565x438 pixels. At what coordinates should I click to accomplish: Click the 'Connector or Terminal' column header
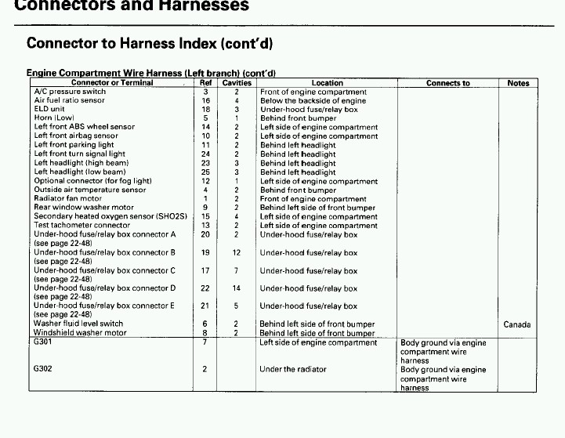point(112,83)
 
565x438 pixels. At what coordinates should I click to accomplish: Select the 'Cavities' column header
point(237,83)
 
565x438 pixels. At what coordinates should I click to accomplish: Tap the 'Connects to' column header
point(448,83)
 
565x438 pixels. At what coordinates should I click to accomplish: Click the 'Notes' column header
point(518,83)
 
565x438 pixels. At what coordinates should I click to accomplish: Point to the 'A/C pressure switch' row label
point(70,92)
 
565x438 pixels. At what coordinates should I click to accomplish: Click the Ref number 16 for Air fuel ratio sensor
point(206,100)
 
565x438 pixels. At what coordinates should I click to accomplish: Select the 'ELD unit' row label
point(49,109)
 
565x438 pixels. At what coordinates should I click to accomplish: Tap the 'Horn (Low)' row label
point(54,118)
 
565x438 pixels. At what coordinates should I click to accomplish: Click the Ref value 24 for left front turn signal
point(206,154)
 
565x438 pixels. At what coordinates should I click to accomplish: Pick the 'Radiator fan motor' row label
point(68,199)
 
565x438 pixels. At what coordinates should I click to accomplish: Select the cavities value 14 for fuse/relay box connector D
point(237,288)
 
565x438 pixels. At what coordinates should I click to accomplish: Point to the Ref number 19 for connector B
point(206,253)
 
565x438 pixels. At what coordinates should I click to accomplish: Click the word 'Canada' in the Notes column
point(517,324)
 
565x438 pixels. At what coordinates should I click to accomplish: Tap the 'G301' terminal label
point(42,342)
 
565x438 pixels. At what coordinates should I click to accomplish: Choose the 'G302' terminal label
point(42,369)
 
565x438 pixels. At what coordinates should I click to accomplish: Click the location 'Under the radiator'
point(293,369)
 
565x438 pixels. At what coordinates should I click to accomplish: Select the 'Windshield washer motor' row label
point(80,333)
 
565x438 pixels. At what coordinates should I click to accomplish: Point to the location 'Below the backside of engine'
point(313,100)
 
